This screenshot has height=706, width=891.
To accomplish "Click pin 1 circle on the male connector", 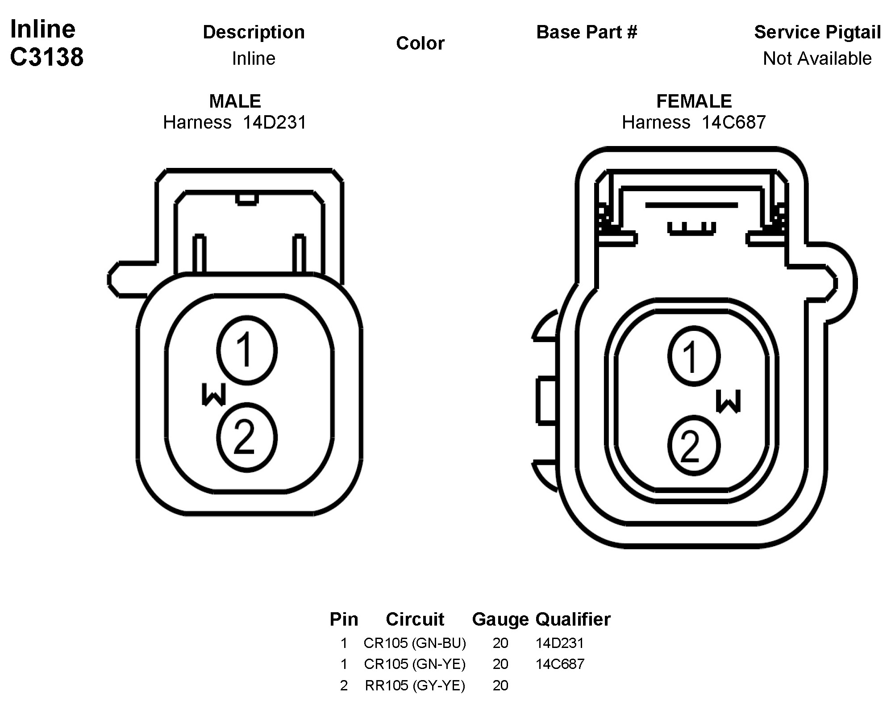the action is (246, 351).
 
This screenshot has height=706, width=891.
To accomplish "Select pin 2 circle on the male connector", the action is (246, 438).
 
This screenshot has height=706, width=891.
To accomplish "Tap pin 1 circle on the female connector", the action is (694, 356).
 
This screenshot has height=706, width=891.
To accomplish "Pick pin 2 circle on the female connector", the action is (694, 446).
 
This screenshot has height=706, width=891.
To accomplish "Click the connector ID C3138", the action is (46, 57).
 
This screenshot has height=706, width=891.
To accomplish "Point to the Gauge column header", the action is (500, 619).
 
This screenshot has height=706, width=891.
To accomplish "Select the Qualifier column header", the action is (573, 619).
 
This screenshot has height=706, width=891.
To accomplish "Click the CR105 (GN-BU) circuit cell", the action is (415, 643).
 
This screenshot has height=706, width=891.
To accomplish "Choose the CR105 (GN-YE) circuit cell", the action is (415, 664).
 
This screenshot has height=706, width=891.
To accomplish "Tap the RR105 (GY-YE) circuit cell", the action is (415, 685).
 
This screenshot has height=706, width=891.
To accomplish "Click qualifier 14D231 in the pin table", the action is (560, 643).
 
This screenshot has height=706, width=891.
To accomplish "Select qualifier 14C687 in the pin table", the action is (560, 664).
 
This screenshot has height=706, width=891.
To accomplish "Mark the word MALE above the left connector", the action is (235, 101).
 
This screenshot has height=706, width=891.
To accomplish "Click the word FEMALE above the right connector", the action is (694, 101).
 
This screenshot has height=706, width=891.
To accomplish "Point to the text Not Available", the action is (817, 58).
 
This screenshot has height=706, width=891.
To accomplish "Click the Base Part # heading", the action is (587, 32).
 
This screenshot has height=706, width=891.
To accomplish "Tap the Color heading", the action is (420, 43).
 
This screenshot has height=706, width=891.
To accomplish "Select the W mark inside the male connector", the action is (214, 394).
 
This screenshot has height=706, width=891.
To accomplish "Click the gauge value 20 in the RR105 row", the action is (500, 685).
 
